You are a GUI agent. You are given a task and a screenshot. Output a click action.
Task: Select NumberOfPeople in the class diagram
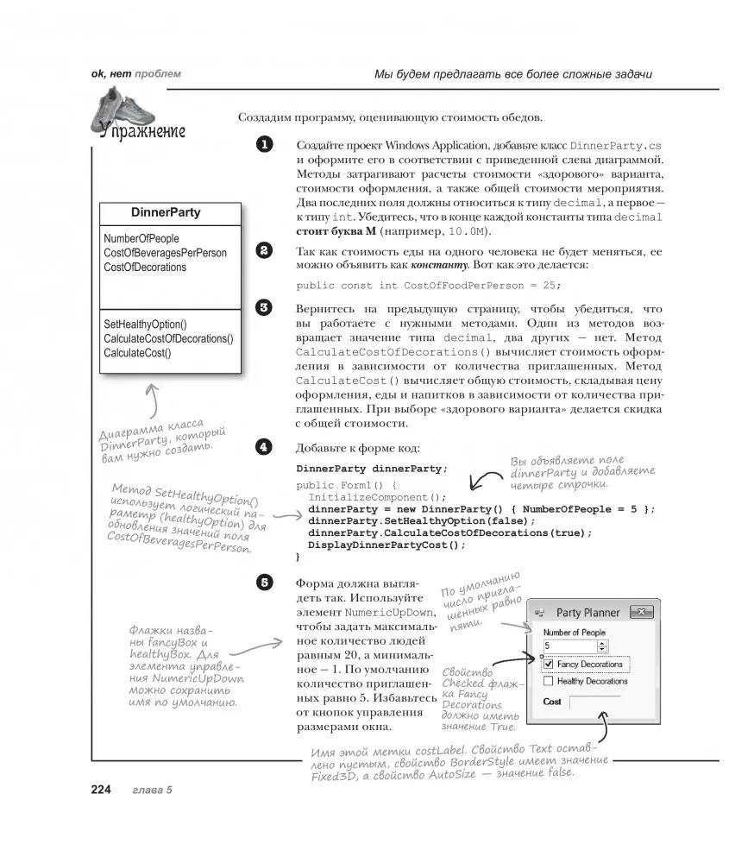141,238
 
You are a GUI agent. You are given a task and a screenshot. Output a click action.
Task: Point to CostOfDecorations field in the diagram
145,268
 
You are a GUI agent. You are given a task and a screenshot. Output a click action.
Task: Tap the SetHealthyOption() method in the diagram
145,324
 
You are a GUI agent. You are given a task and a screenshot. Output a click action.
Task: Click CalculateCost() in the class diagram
137,352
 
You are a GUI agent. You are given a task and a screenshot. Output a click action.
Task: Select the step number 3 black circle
264,307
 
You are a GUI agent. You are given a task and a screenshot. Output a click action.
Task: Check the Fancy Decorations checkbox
549,665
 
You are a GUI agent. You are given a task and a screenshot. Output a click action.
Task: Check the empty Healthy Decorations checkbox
549,682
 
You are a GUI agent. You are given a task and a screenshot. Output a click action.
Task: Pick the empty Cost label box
595,703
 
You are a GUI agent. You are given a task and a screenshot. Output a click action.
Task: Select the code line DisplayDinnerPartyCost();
386,545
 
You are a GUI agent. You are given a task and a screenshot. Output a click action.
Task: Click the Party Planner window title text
587,613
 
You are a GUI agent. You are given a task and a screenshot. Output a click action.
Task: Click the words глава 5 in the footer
153,791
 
